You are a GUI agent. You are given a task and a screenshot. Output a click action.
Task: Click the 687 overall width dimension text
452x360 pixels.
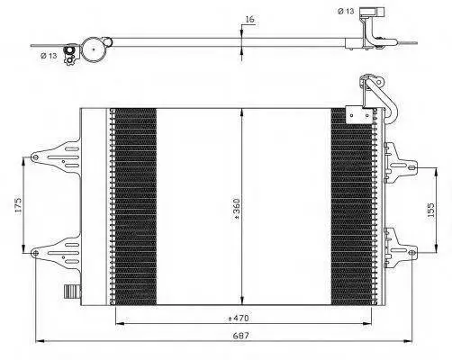pyautogui.click(x=241, y=336)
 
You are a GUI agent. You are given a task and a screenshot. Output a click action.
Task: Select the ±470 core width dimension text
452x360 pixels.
pyautogui.click(x=238, y=318)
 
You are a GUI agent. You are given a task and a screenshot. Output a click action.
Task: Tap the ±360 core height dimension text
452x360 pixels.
pyautogui.click(x=236, y=210)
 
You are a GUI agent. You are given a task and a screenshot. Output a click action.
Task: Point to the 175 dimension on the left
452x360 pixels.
pyautogui.click(x=18, y=205)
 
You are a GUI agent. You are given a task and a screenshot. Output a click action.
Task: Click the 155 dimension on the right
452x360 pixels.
pyautogui.click(x=430, y=210)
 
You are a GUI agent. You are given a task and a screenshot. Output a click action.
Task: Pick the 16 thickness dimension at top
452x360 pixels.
pyautogui.click(x=249, y=19)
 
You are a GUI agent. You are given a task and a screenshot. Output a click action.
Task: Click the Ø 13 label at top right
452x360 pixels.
pyautogui.click(x=346, y=12)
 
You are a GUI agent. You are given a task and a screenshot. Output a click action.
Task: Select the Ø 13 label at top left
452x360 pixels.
pyautogui.click(x=49, y=56)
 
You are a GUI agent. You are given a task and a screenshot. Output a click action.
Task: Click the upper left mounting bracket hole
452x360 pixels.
pyautogui.click(x=35, y=157)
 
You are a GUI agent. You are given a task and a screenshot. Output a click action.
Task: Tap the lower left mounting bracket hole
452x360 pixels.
pyautogui.click(x=35, y=253)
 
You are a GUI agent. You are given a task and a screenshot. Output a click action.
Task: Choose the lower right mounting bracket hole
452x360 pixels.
pyautogui.click(x=412, y=253)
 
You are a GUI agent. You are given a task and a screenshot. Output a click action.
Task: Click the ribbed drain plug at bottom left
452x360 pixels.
pyautogui.click(x=72, y=292)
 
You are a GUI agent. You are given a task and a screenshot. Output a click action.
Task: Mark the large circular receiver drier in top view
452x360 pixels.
pyautogui.click(x=94, y=49)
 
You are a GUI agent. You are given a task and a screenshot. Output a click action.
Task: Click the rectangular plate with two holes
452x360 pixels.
pyautogui.click(x=359, y=114)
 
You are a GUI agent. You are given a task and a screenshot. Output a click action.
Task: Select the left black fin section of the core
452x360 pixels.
pyautogui.click(x=136, y=207)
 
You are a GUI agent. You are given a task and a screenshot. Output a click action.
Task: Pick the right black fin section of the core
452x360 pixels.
pyautogui.click(x=351, y=207)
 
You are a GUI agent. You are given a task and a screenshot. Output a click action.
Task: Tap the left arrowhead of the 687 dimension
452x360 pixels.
pyautogui.click(x=40, y=341)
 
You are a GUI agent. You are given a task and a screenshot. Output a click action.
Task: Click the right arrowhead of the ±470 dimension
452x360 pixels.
pyautogui.click(x=367, y=323)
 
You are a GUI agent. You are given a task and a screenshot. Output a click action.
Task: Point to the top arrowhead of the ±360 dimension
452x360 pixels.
pyautogui.click(x=242, y=112)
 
